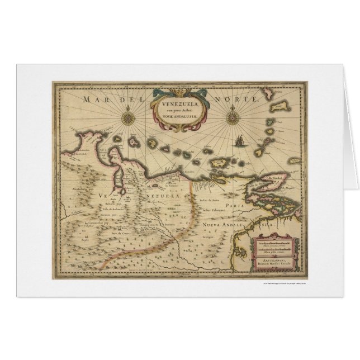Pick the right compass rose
[x=231, y=118]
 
